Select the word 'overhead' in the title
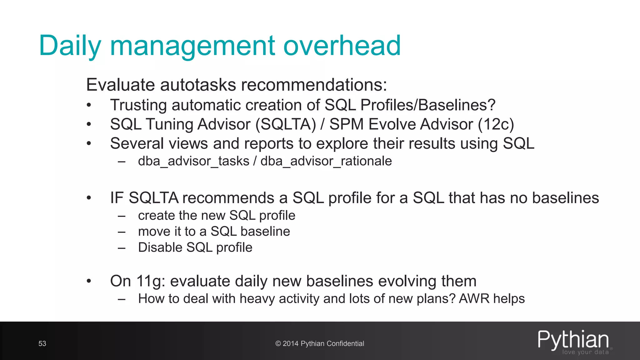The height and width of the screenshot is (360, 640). pos(342,46)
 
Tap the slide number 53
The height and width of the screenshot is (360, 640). pos(42,344)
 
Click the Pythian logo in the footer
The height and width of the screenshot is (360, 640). pos(574,342)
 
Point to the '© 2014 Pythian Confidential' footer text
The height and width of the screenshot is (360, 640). pos(320,344)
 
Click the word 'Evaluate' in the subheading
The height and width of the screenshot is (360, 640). pos(120,85)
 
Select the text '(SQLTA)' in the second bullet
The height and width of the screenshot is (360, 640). pos(286,124)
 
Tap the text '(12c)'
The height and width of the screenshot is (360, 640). pos(496,124)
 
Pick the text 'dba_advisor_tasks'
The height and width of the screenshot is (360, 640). pos(194,161)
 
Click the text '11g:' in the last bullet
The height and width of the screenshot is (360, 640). pos(151,281)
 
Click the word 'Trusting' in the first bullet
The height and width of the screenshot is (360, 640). pos(138,105)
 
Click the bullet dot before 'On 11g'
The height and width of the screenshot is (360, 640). pos(89,281)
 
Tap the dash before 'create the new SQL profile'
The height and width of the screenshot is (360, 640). pos(122,216)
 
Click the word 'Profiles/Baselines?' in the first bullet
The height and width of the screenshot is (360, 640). pos(428,105)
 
